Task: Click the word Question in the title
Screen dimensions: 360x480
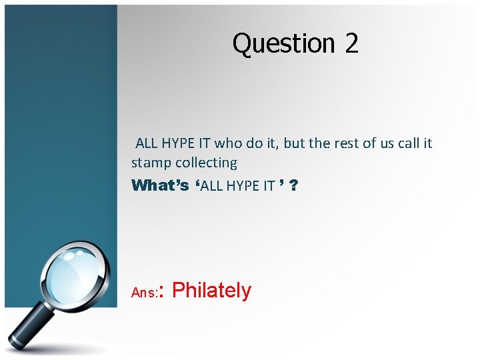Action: click(283, 44)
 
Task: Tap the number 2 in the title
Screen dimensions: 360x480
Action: click(351, 43)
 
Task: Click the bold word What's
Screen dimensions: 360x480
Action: click(160, 185)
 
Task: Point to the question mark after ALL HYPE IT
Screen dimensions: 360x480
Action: click(294, 185)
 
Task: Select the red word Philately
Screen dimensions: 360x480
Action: click(211, 291)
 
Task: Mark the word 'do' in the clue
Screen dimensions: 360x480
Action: click(253, 143)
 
